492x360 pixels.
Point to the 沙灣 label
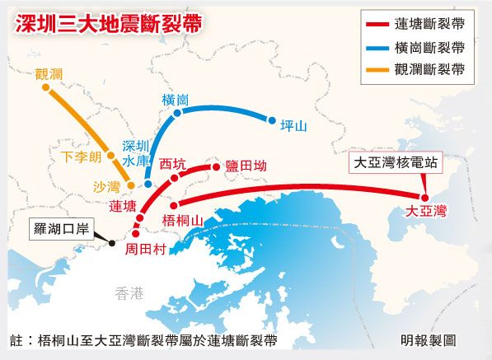(x=106, y=187)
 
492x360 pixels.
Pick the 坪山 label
(x=293, y=126)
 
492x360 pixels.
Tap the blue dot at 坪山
(x=271, y=120)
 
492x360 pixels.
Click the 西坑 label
(x=173, y=162)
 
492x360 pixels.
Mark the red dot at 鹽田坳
(x=217, y=167)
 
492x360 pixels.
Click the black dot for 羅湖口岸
(x=111, y=242)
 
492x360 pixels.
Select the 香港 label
(x=129, y=292)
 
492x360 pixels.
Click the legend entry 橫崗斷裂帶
(x=429, y=47)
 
